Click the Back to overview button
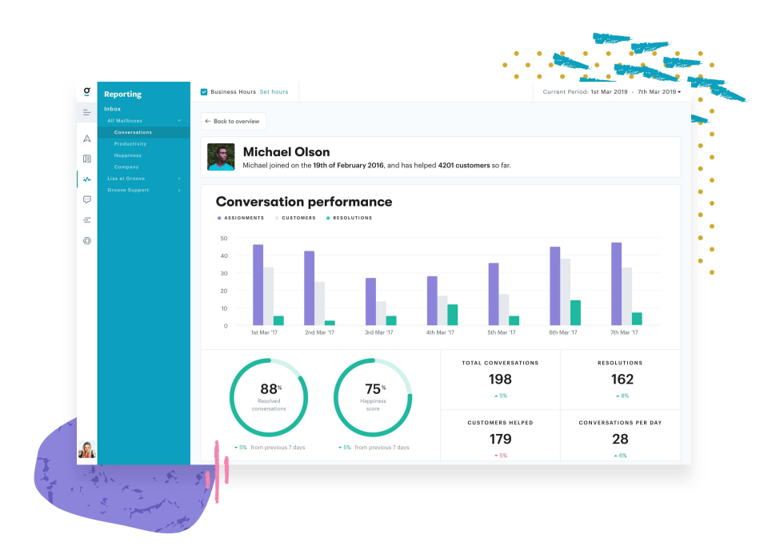(233, 122)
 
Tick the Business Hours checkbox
(204, 92)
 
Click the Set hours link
(274, 92)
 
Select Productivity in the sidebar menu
(130, 144)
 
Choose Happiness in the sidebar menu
(128, 155)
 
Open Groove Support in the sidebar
(128, 190)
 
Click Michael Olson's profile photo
(221, 157)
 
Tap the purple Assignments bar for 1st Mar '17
(258, 284)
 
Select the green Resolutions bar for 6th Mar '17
(575, 312)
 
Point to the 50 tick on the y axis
(224, 239)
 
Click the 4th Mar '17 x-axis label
(440, 332)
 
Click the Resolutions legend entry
(350, 218)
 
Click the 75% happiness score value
(372, 390)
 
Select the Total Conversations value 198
(500, 380)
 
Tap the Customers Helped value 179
(500, 439)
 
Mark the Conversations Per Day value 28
(620, 439)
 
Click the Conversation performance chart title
(304, 202)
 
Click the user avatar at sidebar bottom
(87, 450)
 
